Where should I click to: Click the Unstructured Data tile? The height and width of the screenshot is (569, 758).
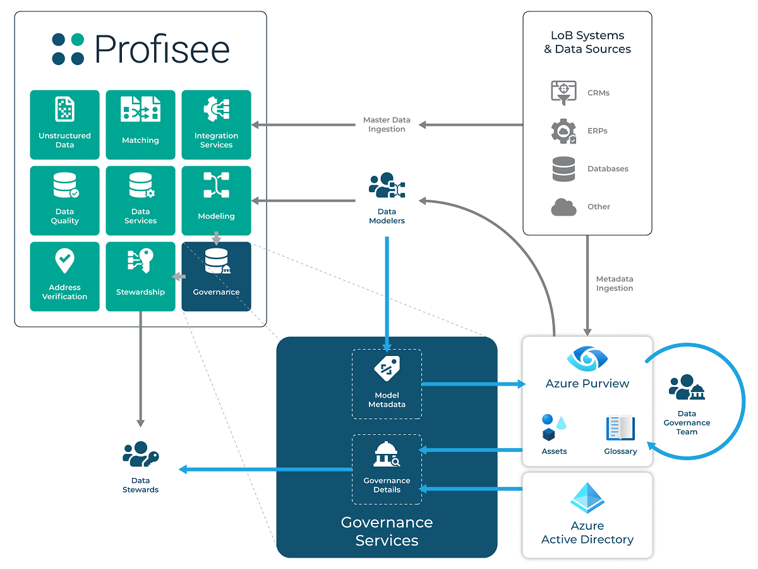tap(64, 125)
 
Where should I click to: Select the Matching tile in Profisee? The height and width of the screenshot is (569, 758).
tap(141, 125)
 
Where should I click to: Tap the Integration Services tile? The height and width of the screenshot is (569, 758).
tap(216, 125)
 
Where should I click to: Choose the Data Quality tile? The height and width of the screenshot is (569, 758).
tap(64, 200)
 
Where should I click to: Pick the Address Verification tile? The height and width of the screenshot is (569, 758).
tap(64, 276)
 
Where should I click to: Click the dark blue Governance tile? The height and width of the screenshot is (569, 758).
tap(216, 276)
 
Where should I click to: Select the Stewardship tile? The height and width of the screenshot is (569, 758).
tap(141, 276)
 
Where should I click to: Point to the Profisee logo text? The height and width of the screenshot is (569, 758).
tap(162, 49)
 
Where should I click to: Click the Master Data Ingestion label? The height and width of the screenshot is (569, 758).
tap(387, 125)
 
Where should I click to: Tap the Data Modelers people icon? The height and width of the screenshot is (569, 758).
tap(387, 185)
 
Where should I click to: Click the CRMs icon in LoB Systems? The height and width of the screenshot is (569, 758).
tap(563, 92)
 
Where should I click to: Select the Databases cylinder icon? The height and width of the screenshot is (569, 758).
tap(563, 169)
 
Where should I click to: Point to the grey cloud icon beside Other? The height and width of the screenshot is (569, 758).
tap(563, 207)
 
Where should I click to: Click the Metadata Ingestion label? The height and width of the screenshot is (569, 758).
tap(615, 284)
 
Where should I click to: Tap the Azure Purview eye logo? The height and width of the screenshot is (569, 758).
tap(587, 358)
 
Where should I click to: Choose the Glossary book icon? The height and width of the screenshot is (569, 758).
tap(620, 428)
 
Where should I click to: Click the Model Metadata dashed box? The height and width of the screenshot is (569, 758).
tap(387, 384)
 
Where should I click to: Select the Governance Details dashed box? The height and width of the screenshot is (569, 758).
tap(387, 470)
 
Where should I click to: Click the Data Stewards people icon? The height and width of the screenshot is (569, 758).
tap(141, 454)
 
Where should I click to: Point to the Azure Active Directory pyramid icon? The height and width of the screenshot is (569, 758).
tap(587, 498)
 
